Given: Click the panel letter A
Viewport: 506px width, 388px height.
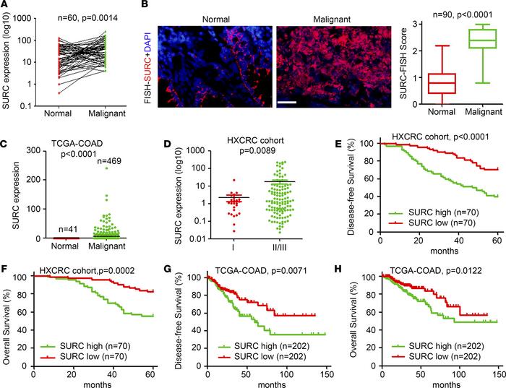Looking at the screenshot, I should point(5,6).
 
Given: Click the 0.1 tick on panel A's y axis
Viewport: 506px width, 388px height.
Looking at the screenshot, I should point(30,107).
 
